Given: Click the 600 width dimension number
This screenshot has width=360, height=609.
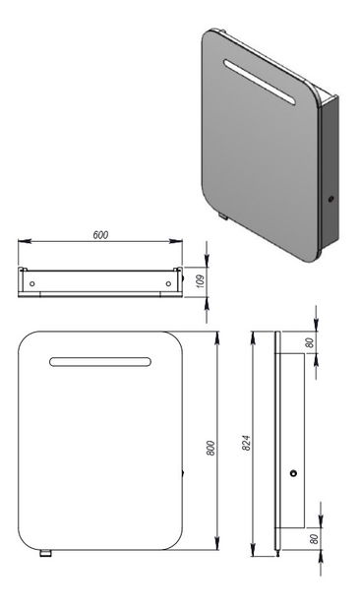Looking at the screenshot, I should [x=99, y=234].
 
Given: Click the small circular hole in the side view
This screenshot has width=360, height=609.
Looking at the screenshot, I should [x=293, y=475].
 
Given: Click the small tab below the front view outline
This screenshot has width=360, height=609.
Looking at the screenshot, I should [x=45, y=554].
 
